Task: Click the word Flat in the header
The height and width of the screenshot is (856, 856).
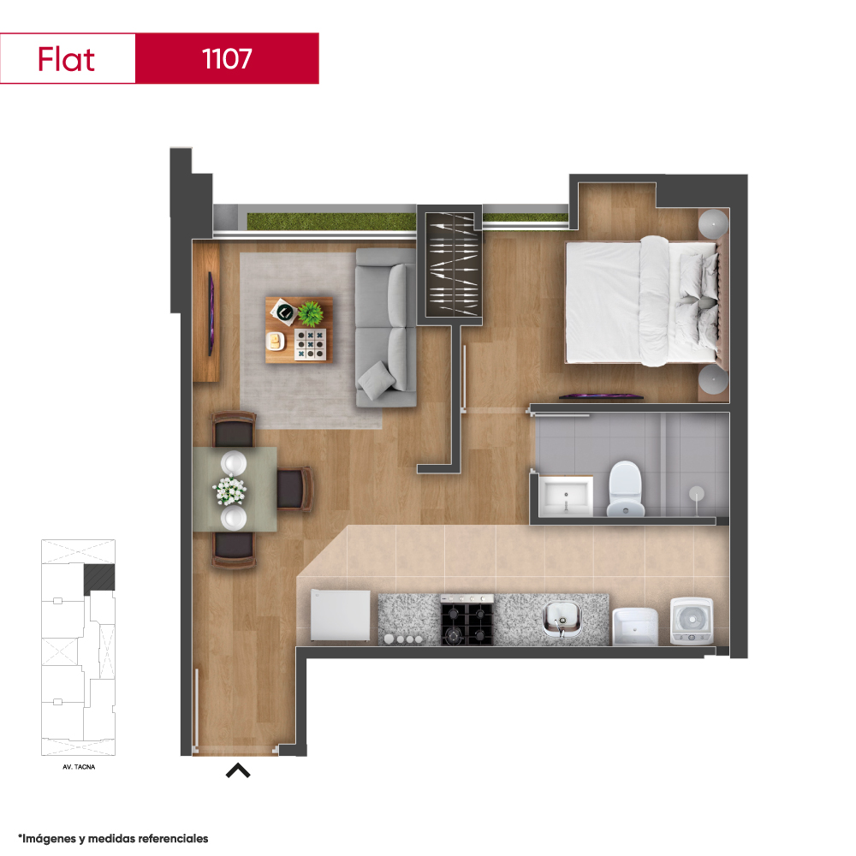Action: coord(66,59)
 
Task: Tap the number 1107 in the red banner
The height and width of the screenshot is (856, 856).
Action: coord(227,58)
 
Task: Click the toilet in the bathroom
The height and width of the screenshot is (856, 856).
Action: coord(625,489)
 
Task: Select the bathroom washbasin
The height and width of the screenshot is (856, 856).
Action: coord(566,495)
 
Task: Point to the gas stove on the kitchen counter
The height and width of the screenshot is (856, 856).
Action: coord(467,620)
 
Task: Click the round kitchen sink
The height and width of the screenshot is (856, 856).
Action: coord(562,619)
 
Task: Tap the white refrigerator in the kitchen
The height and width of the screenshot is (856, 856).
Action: coord(340,615)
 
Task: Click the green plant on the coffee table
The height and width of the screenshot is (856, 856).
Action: coord(311,313)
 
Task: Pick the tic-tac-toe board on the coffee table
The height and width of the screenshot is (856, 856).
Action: coord(310,344)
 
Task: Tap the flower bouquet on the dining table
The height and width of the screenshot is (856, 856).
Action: coord(229,490)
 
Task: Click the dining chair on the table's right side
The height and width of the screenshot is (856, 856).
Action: coord(294,489)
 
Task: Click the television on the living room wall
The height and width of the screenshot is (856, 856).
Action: coord(211,313)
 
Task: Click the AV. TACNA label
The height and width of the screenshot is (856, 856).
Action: coord(79,767)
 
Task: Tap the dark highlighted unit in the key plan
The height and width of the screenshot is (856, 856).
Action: coord(98,579)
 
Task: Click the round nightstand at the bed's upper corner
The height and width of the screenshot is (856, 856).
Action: coord(714,223)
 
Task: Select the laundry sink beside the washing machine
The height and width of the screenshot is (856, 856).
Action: coord(635,627)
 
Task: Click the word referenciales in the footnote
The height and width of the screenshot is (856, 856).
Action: coord(173,839)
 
